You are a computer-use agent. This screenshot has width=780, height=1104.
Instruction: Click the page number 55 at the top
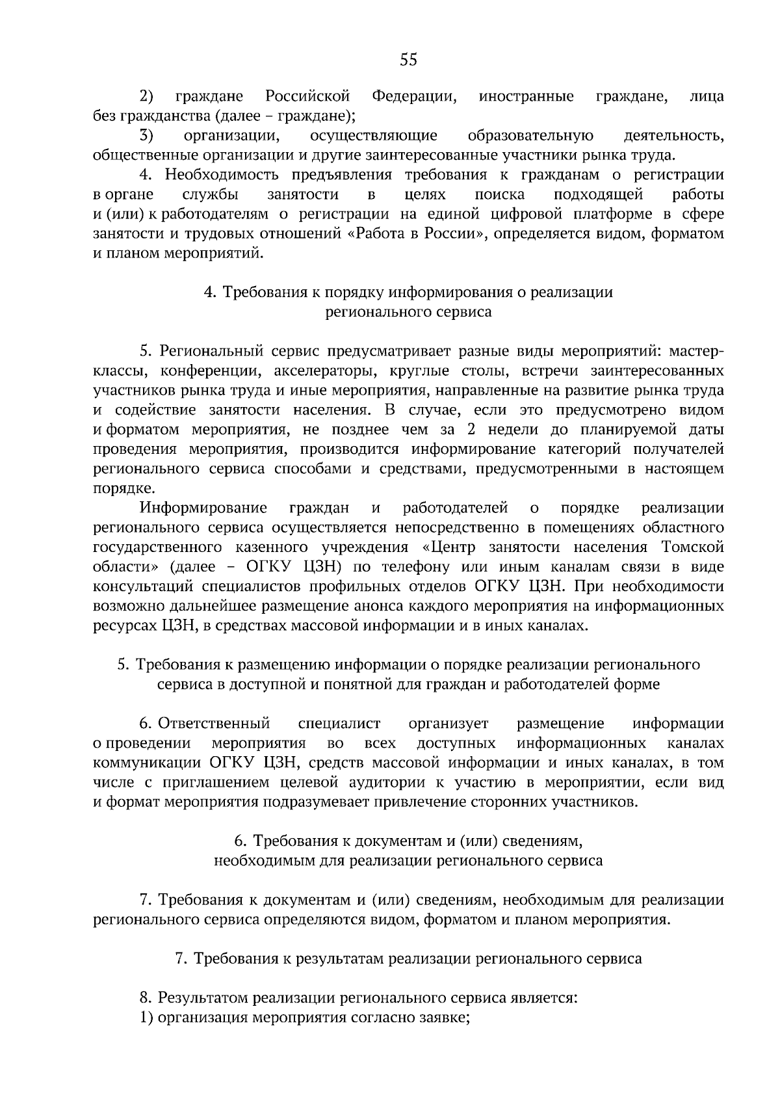tap(408, 60)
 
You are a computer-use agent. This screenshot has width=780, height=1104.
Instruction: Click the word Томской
tap(692, 547)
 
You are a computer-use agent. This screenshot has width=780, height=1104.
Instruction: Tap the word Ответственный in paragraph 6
tap(214, 724)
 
